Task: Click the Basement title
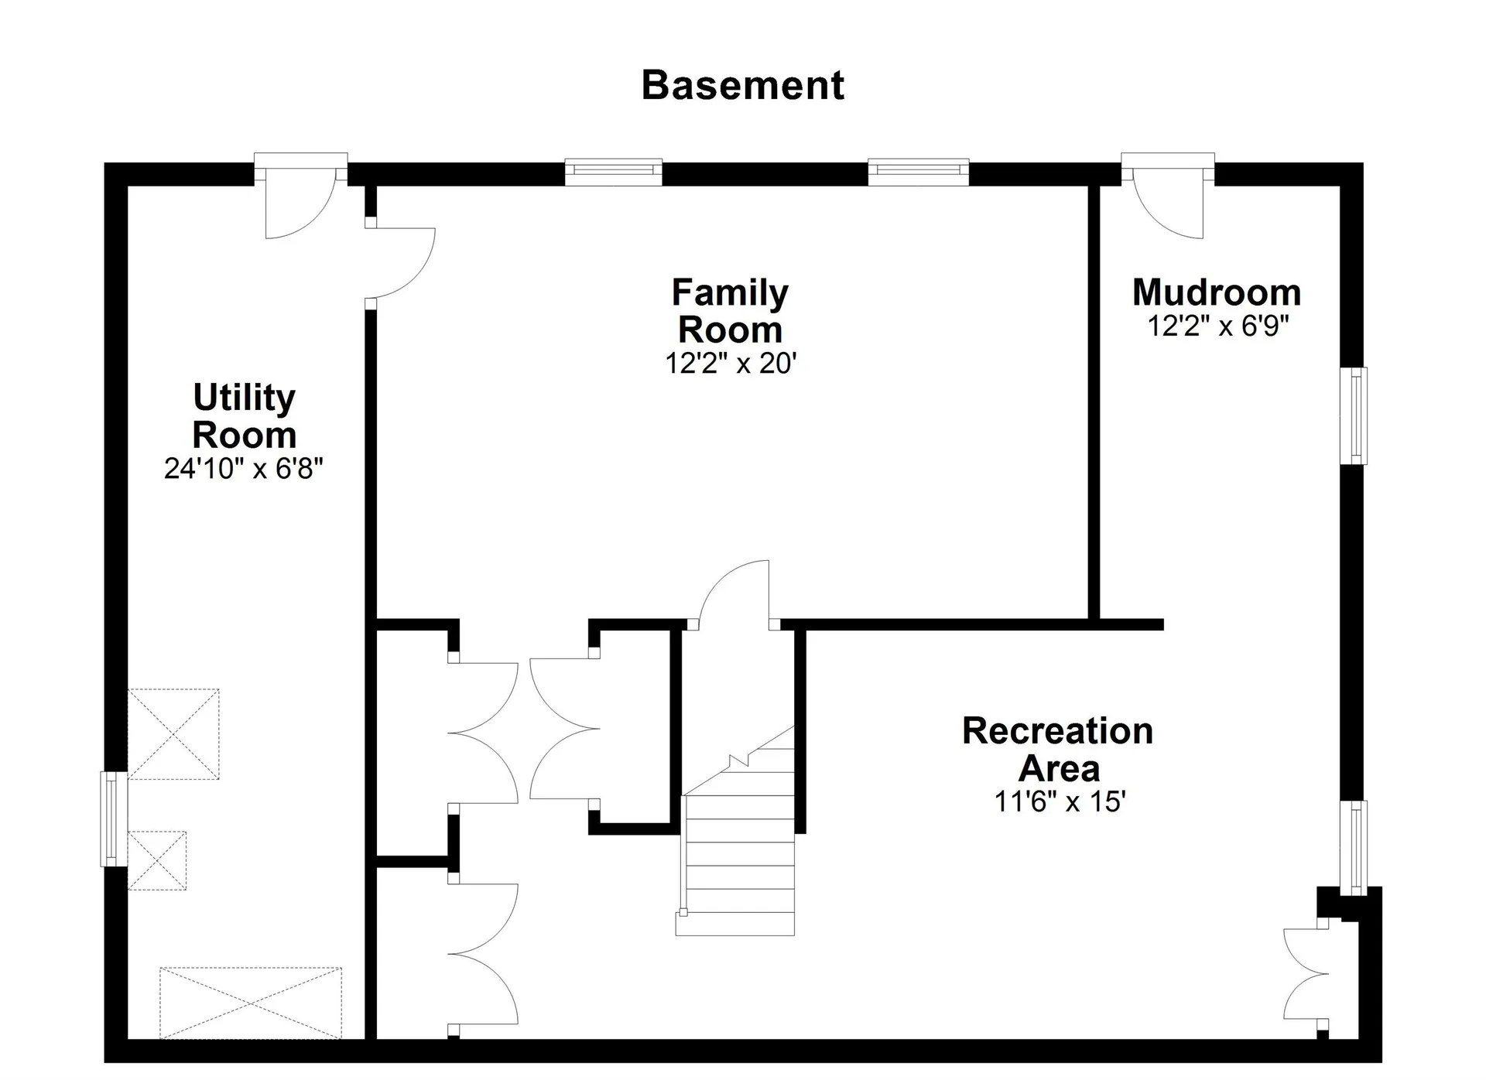click(742, 85)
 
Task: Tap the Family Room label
click(730, 311)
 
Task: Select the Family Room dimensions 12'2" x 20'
click(731, 363)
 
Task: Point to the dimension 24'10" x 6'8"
click(243, 468)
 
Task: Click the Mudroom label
click(1217, 292)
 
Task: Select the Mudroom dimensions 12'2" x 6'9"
click(1217, 326)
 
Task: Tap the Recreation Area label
click(1058, 750)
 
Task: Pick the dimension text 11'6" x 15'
click(1059, 801)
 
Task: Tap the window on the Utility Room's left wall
click(114, 819)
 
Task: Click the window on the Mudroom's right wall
click(1354, 415)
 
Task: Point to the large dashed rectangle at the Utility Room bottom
click(251, 1003)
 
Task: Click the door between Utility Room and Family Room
click(399, 263)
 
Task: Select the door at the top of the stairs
click(734, 594)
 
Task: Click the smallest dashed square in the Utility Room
click(157, 860)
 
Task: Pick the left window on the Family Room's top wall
click(614, 172)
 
